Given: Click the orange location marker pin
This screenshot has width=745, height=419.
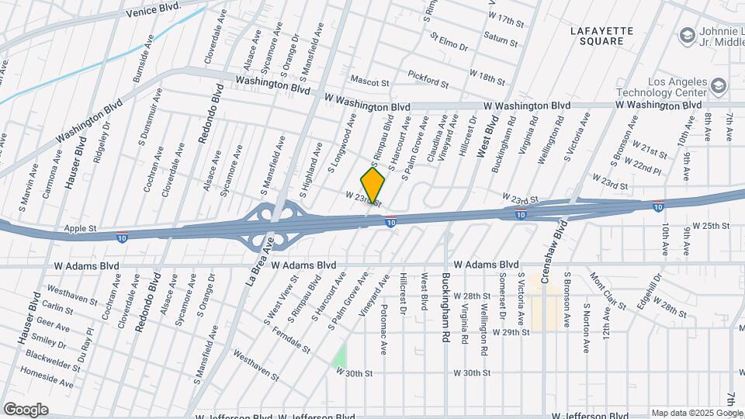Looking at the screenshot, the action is (372, 185).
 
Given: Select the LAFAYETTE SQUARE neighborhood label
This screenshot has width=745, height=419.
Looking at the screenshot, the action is (602, 36).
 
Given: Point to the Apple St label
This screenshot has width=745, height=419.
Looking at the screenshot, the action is (81, 229).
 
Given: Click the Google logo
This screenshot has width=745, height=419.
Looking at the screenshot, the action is (25, 409).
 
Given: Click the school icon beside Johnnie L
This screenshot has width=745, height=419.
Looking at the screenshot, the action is (686, 35).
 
